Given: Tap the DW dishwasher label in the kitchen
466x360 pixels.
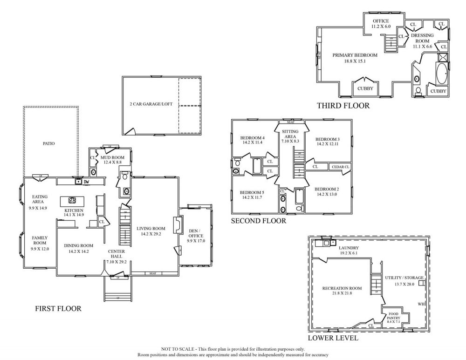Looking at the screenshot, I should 86,182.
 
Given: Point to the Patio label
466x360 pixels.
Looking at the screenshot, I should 48,143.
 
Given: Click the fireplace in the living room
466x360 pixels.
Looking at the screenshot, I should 176,225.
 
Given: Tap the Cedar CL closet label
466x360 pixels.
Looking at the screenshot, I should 340,166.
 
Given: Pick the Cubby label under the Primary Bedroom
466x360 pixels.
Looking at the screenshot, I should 365,88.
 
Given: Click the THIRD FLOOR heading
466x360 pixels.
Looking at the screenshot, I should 343,106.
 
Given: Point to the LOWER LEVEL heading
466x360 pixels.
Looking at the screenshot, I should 333,338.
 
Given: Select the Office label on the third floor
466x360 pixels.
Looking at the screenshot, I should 380,21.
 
